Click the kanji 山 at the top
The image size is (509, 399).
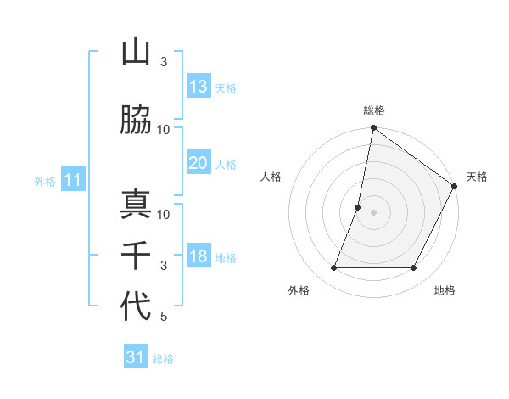click(136, 53)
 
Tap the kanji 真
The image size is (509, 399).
click(136, 205)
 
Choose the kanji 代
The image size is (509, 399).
click(136, 306)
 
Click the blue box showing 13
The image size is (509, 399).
click(199, 87)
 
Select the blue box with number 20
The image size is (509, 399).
click(199, 163)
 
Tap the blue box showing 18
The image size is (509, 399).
click(199, 257)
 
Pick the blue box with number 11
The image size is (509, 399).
click(73, 180)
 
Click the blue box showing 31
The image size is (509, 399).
click(136, 357)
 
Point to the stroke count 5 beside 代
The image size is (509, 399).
click(164, 317)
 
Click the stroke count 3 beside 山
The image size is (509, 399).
click(164, 62)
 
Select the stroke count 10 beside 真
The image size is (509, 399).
click(164, 214)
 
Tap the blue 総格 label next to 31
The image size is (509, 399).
click(163, 359)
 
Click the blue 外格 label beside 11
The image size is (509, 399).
click(45, 182)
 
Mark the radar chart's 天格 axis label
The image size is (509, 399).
click(477, 177)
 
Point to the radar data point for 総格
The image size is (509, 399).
click(373, 128)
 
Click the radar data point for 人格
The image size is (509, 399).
click(358, 207)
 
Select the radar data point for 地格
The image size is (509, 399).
click(414, 268)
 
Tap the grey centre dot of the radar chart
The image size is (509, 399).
click(373, 212)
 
